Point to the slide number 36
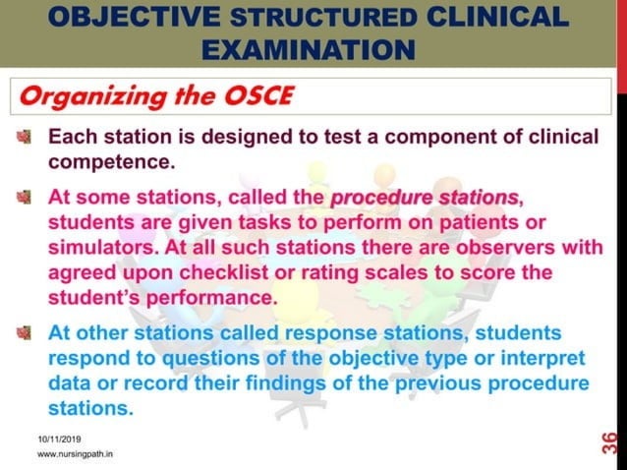click(x=609, y=441)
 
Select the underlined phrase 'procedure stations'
click(x=423, y=198)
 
